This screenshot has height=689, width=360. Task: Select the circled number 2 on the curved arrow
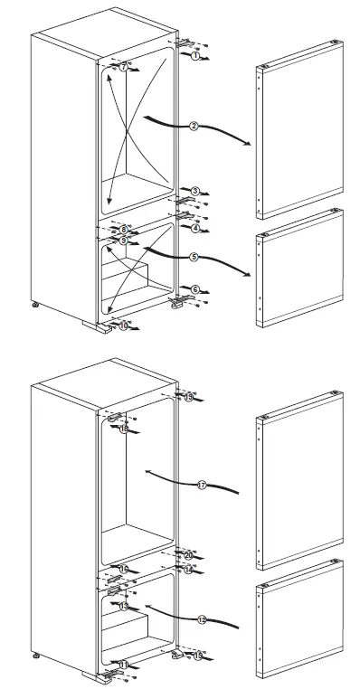[x=194, y=126]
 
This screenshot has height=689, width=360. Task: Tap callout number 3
[x=194, y=191]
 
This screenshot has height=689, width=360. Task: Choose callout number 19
[x=188, y=397]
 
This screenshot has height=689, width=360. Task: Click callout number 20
[x=188, y=554]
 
